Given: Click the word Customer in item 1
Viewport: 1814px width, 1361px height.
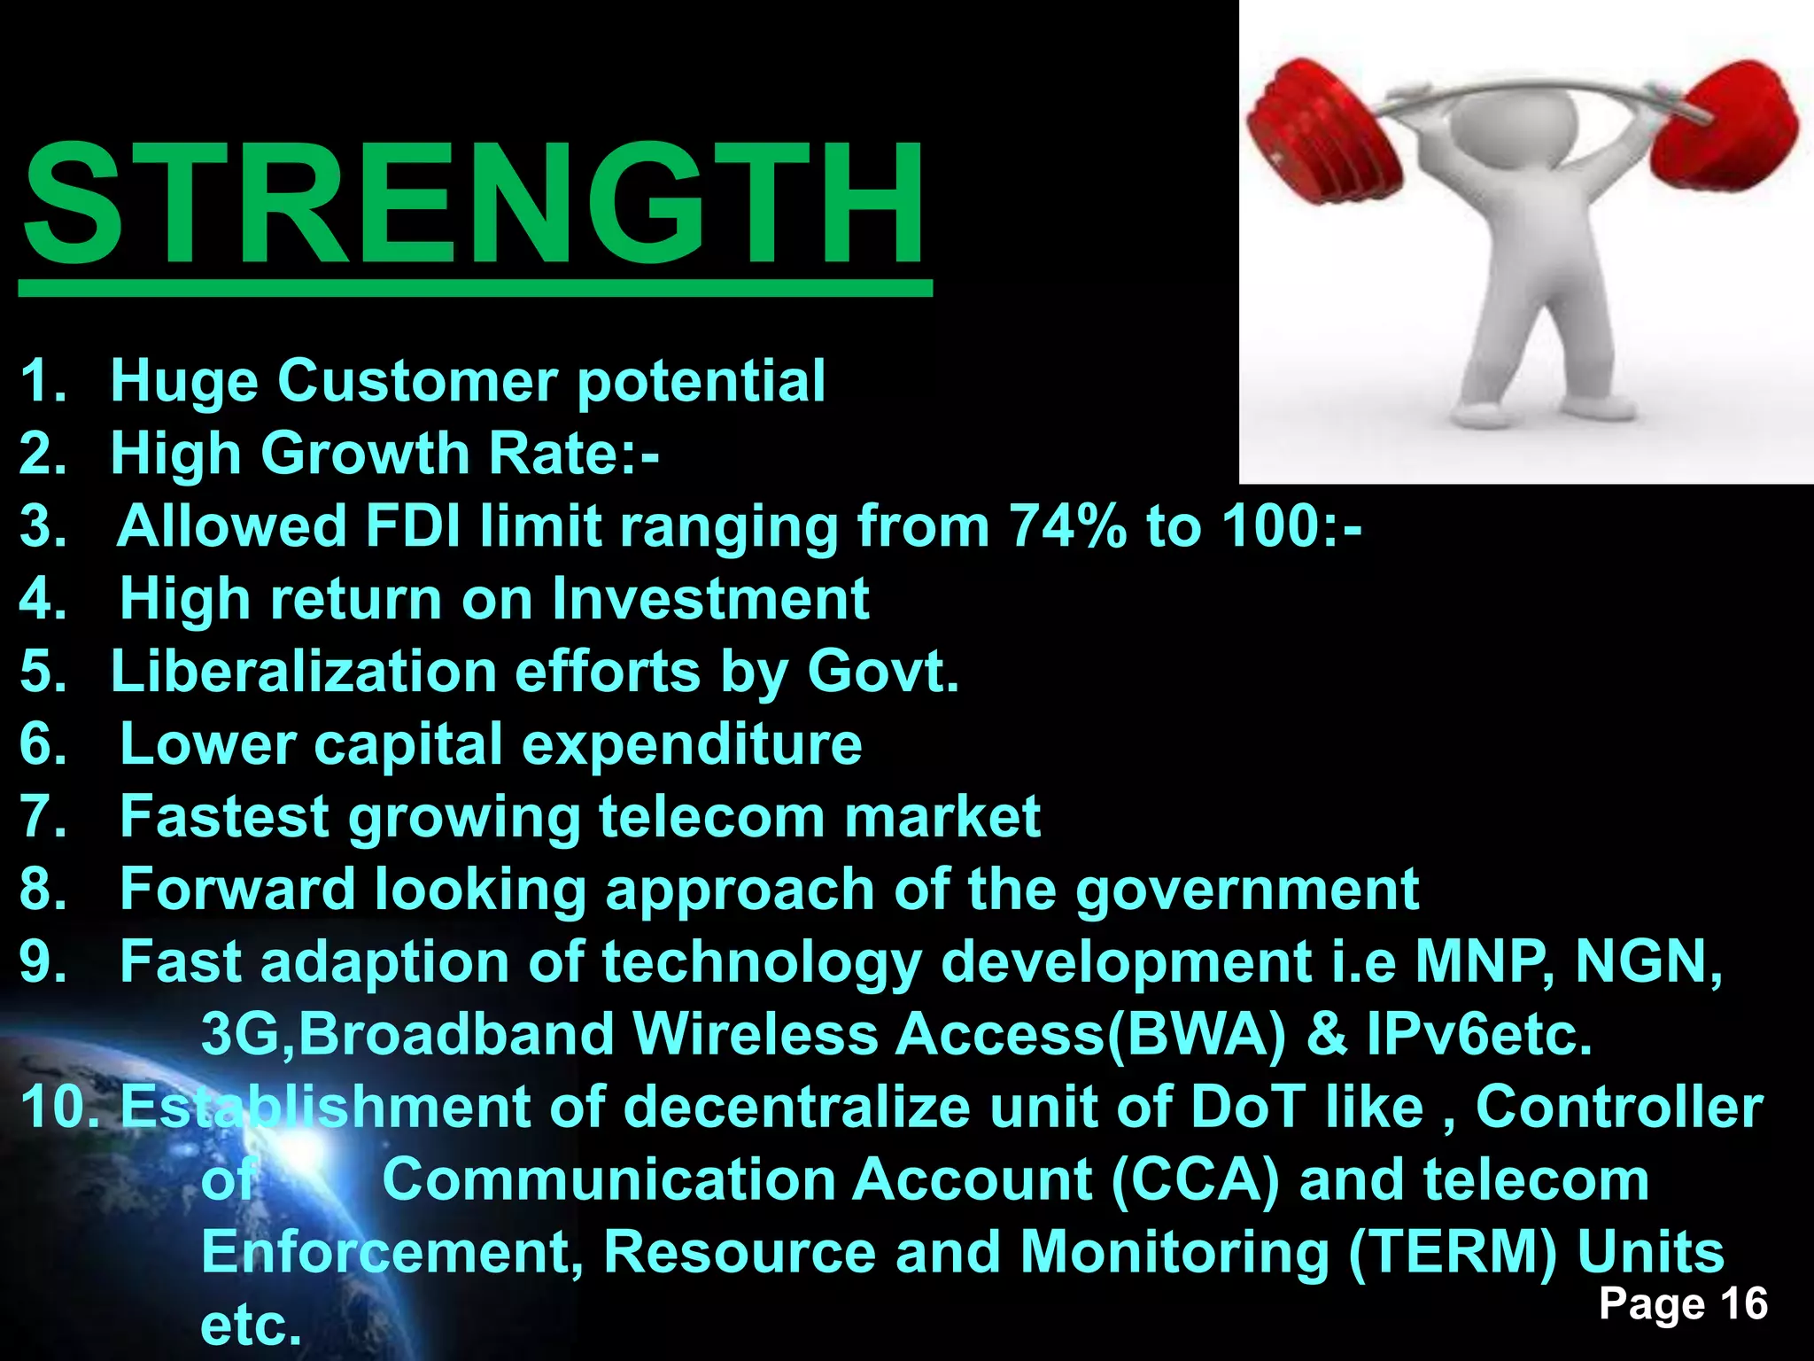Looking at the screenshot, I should pyautogui.click(x=417, y=381).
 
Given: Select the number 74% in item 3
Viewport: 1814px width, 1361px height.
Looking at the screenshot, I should pyautogui.click(x=1068, y=526).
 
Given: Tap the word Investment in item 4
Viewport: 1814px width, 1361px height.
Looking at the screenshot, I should pyautogui.click(x=710, y=599).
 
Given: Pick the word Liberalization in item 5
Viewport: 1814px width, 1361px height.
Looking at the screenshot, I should pyautogui.click(x=303, y=672).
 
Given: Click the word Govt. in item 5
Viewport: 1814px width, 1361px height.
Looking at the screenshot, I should pyautogui.click(x=883, y=672).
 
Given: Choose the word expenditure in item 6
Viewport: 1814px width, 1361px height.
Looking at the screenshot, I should pyautogui.click(x=692, y=744).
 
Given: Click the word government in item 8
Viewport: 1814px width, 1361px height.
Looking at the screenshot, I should pyautogui.click(x=1247, y=890).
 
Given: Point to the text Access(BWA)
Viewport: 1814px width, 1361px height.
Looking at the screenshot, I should pyautogui.click(x=1090, y=1035).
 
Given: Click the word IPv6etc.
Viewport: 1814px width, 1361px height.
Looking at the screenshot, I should pyautogui.click(x=1479, y=1035).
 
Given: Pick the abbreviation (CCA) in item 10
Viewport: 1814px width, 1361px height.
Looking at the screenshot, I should pyautogui.click(x=1195, y=1180).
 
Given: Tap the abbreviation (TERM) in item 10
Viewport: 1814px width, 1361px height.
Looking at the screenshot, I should pyautogui.click(x=1452, y=1253).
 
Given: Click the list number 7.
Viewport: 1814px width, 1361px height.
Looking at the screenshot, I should pyautogui.click(x=43, y=817).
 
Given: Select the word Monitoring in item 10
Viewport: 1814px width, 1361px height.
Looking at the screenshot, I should pyautogui.click(x=1174, y=1253).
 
